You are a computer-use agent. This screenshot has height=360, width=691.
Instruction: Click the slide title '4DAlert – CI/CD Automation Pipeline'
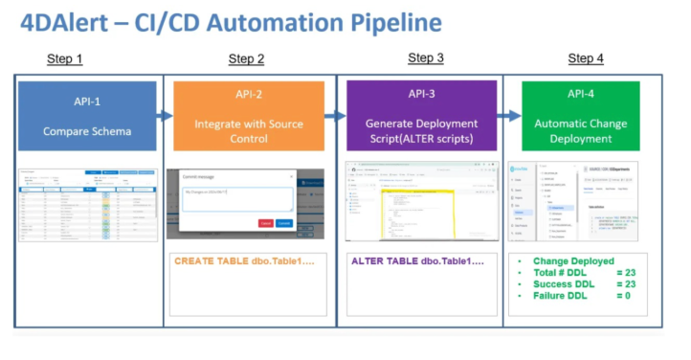[231, 22]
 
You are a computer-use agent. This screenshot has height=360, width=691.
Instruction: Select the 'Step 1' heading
[65, 59]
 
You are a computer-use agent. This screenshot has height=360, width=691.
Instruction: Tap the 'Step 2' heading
[247, 59]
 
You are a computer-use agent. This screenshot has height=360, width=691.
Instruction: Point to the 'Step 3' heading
[426, 58]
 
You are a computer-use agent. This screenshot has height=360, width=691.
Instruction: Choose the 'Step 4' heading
[586, 59]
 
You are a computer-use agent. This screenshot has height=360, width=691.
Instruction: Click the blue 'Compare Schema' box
[86, 116]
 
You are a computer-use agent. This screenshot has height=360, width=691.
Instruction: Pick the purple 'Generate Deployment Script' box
[421, 116]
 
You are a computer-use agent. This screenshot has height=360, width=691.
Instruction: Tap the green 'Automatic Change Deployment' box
[581, 116]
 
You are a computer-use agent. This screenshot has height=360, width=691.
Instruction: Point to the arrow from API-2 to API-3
[334, 116]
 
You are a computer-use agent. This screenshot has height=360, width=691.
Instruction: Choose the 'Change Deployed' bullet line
[573, 261]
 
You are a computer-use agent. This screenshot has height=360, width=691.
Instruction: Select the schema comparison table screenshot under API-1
[87, 205]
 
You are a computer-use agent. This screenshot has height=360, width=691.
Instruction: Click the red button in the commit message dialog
[265, 223]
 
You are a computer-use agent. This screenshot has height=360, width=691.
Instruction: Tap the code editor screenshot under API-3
[422, 201]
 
